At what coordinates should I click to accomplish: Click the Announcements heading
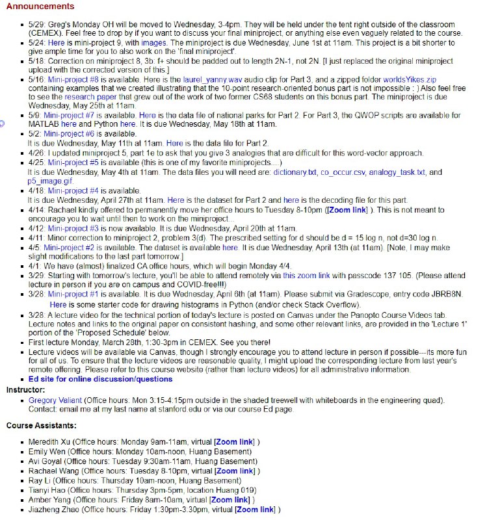[40, 6]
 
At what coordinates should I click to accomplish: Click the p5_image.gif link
[51, 181]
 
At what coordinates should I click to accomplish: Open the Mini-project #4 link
[71, 191]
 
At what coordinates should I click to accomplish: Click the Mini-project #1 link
[71, 294]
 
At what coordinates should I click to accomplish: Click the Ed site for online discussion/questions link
[100, 379]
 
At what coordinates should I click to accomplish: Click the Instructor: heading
[25, 389]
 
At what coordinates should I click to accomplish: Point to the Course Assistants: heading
[41, 426]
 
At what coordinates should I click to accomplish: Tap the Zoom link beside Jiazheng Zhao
[256, 510]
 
